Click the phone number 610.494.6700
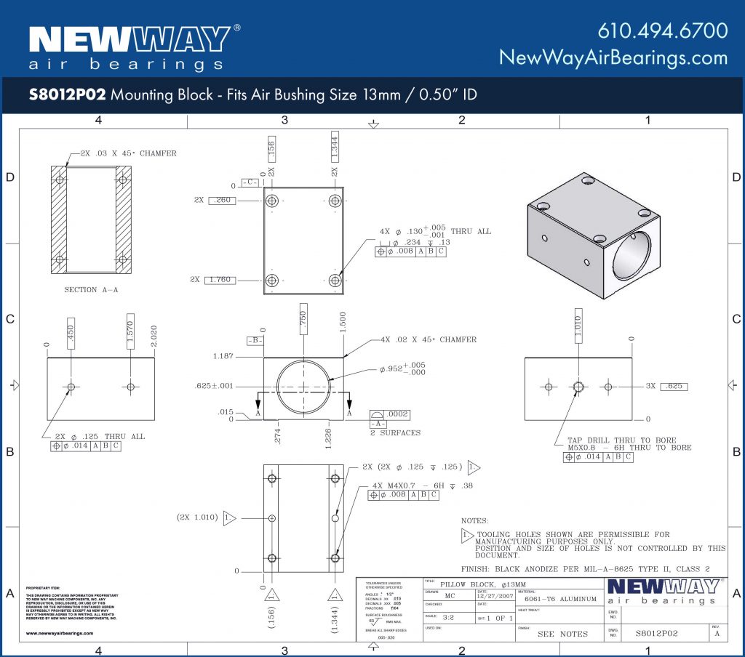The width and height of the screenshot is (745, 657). pos(662,31)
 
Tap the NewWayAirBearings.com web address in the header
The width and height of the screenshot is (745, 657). pos(613,57)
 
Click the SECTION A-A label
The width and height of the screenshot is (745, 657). pos(91,290)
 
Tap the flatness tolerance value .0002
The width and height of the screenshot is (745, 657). pos(399,414)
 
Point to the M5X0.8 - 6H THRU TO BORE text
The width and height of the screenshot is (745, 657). pos(629,448)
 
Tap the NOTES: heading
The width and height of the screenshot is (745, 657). pos(476,521)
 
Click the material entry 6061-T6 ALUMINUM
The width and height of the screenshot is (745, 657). pos(560,600)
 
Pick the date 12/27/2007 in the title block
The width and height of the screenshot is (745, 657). pos(495,596)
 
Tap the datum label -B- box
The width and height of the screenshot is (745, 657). pos(255,340)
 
